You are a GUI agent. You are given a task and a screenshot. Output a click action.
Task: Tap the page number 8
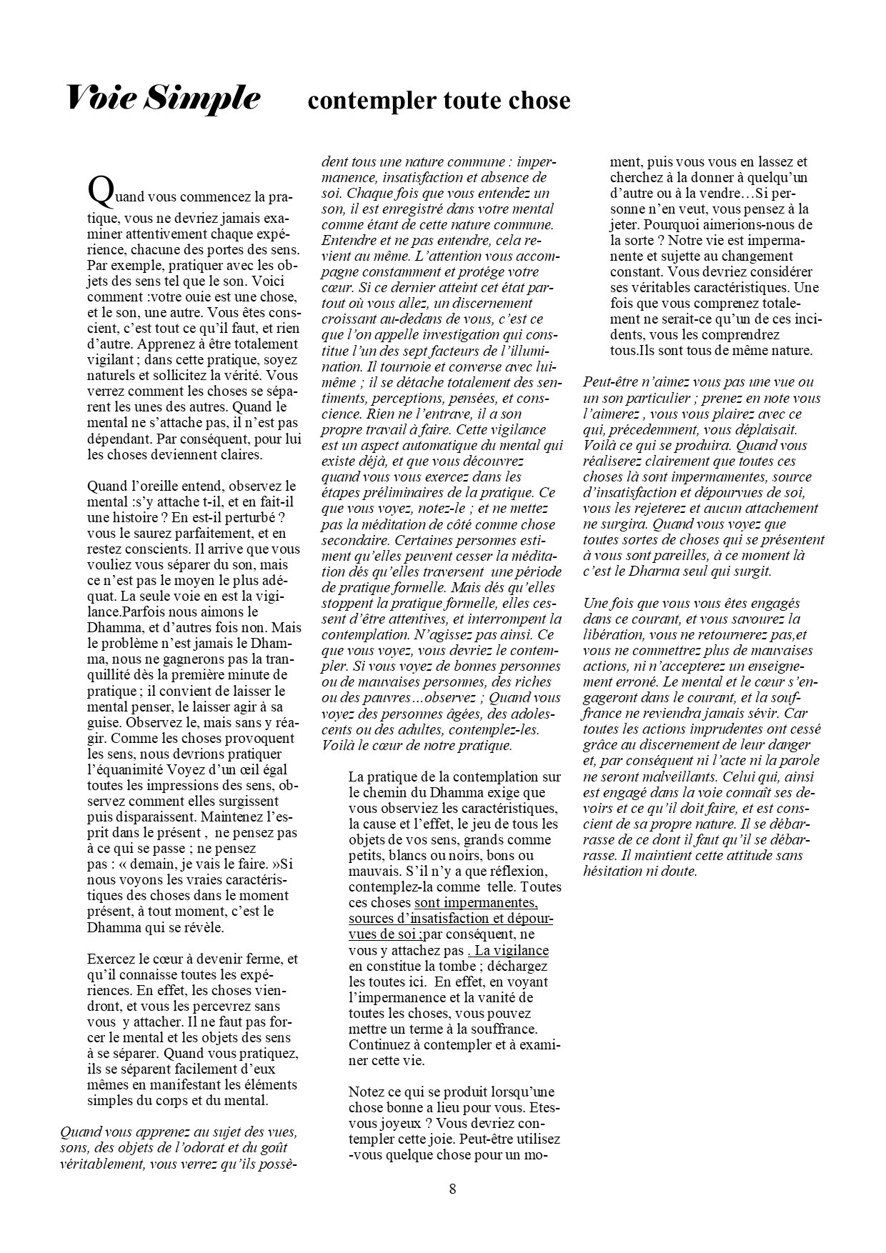[452, 1189]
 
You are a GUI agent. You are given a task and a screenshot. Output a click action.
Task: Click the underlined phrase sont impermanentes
[476, 904]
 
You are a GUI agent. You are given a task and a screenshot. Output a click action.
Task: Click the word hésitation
[616, 871]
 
